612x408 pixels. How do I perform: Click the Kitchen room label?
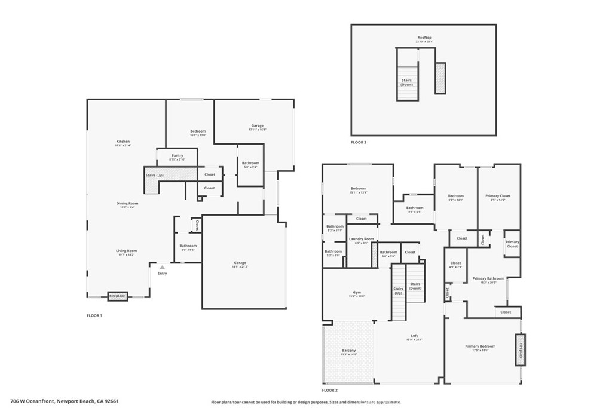tap(123, 142)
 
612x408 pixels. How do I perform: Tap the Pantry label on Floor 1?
tap(177, 156)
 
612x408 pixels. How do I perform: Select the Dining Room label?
tap(127, 204)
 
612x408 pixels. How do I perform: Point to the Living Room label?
tap(126, 251)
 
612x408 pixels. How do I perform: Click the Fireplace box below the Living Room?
tap(117, 296)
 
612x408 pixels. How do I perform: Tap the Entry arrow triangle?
tap(161, 268)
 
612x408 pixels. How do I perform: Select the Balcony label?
tap(349, 351)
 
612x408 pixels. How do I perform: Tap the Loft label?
tap(414, 336)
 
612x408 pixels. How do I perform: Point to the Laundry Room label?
tap(362, 239)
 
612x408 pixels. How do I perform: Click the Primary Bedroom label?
tap(480, 346)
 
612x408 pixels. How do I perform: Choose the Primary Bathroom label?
tap(488, 278)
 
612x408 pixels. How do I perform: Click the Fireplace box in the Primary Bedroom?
tap(520, 349)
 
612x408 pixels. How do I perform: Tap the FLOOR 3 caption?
tap(359, 143)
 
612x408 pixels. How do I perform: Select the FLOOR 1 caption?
tap(94, 315)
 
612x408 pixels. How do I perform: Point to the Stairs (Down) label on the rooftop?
tap(407, 82)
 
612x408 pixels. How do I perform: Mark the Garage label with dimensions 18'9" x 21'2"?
tap(240, 263)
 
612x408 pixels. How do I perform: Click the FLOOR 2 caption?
tap(330, 389)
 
